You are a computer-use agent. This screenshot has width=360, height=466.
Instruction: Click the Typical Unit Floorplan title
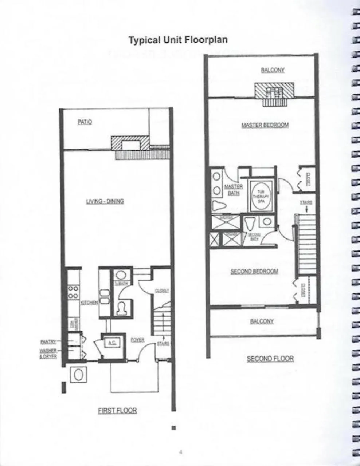pyautogui.click(x=178, y=40)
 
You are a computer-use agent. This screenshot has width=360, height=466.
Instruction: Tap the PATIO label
pyautogui.click(x=85, y=122)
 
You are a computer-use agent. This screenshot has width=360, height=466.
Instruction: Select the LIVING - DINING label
pyautogui.click(x=105, y=201)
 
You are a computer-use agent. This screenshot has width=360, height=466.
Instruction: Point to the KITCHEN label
pyautogui.click(x=89, y=303)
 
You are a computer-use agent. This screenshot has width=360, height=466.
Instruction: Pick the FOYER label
pyautogui.click(x=137, y=340)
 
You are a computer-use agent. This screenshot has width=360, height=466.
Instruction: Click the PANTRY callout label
pyautogui.click(x=48, y=342)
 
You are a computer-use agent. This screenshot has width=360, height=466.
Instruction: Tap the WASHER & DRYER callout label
pyautogui.click(x=48, y=354)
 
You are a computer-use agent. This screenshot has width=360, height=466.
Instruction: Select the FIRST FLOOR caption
pyautogui.click(x=117, y=411)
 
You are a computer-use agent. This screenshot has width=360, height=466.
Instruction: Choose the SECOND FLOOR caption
pyautogui.click(x=270, y=359)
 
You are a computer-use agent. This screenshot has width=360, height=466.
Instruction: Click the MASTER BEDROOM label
pyautogui.click(x=265, y=125)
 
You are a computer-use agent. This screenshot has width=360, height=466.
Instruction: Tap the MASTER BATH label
pyautogui.click(x=234, y=190)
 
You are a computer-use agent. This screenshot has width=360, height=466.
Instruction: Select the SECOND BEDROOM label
pyautogui.click(x=254, y=272)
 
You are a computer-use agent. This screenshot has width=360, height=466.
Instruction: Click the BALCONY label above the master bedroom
pyautogui.click(x=273, y=70)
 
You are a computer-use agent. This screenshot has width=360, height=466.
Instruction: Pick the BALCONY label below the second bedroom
pyautogui.click(x=262, y=321)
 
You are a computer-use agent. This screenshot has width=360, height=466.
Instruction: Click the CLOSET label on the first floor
pyautogui.click(x=162, y=291)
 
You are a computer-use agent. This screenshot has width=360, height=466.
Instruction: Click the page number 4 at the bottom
pyautogui.click(x=181, y=453)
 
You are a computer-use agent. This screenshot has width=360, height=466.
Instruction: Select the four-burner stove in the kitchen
pyautogui.click(x=73, y=292)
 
